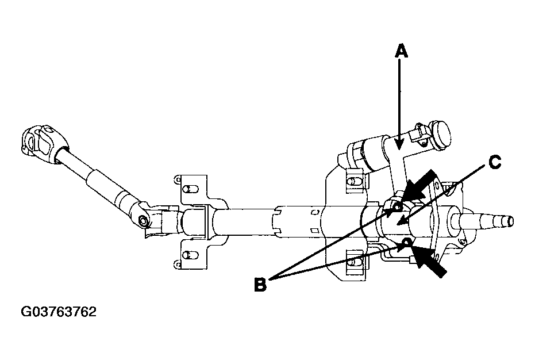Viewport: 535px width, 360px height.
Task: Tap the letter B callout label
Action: coord(260,284)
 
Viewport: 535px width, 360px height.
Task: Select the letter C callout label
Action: coord(494,162)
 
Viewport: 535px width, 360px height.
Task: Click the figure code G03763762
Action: coord(59,312)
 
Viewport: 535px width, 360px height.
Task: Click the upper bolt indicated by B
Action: coord(397,207)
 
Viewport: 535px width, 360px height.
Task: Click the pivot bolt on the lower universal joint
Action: coord(143,221)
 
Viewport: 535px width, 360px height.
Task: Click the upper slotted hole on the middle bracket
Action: coord(188,189)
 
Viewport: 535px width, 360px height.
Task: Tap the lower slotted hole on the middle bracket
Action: coord(188,254)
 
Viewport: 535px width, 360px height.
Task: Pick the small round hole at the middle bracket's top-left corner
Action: coord(177,179)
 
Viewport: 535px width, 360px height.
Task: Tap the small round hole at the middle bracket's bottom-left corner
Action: coord(176,264)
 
